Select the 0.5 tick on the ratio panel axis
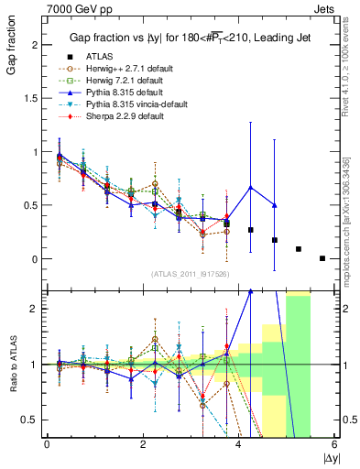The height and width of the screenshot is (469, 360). coord(31,420)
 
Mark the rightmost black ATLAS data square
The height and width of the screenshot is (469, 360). coord(322,258)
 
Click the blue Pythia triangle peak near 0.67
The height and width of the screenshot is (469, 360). coord(251,188)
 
